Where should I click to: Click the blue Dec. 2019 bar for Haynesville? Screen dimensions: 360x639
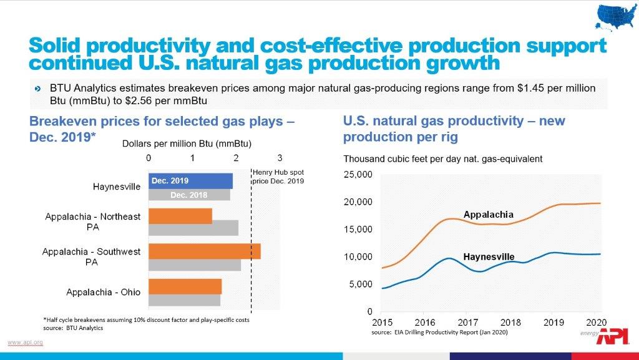(190, 181)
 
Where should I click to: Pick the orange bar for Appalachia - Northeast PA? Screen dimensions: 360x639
(180, 216)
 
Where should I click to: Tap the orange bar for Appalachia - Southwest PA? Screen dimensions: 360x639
(204, 251)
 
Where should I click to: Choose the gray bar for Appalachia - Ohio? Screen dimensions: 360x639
(184, 300)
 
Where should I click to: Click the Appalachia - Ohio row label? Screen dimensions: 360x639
(104, 292)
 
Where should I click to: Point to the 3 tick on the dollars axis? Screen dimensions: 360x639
(280, 158)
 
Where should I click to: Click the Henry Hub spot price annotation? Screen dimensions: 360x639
(278, 177)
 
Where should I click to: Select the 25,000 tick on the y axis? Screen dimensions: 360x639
(359, 174)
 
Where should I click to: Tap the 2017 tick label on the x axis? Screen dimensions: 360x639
(467, 323)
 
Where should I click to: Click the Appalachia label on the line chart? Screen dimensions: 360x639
(488, 215)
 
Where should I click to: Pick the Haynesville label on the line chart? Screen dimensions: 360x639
(489, 256)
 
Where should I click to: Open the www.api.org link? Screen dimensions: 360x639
(25, 342)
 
